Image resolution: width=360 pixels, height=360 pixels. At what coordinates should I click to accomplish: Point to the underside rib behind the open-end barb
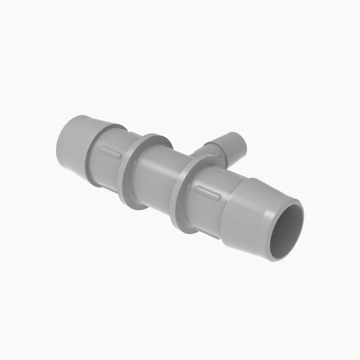coord(207,234)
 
